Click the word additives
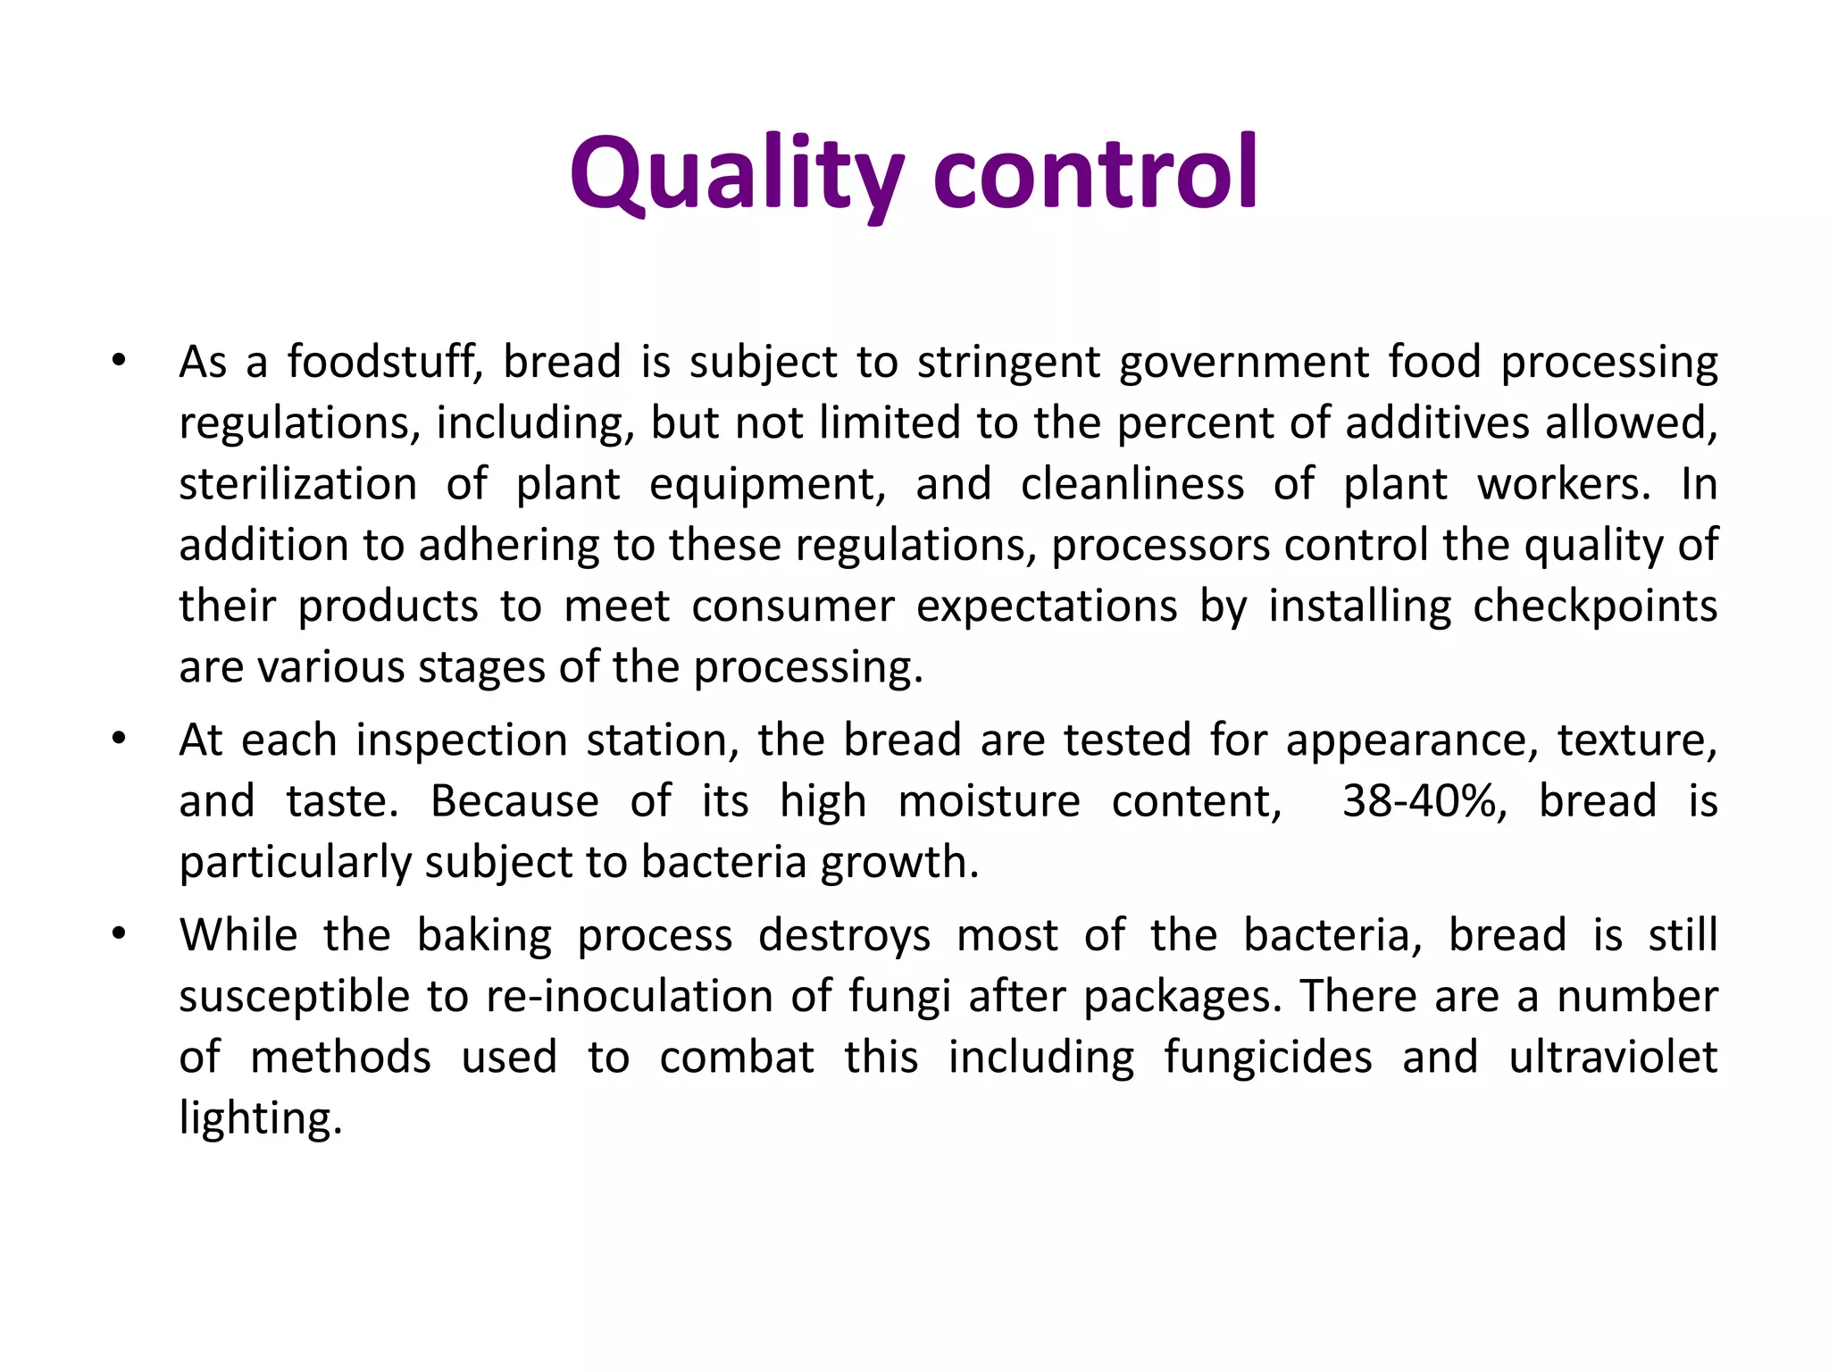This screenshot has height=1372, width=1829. [1437, 423]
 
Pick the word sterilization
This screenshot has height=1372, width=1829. [298, 484]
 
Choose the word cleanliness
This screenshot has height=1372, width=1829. [1132, 484]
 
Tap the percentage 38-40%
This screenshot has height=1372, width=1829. [1424, 801]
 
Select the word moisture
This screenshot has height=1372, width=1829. [989, 801]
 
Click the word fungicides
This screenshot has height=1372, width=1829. [1268, 1058]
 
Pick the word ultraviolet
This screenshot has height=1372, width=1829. [1613, 1058]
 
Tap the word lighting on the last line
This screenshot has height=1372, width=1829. [260, 1119]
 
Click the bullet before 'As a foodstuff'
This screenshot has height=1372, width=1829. [119, 363]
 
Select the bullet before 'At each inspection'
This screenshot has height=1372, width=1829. [119, 740]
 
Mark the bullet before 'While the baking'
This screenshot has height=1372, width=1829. [119, 935]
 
